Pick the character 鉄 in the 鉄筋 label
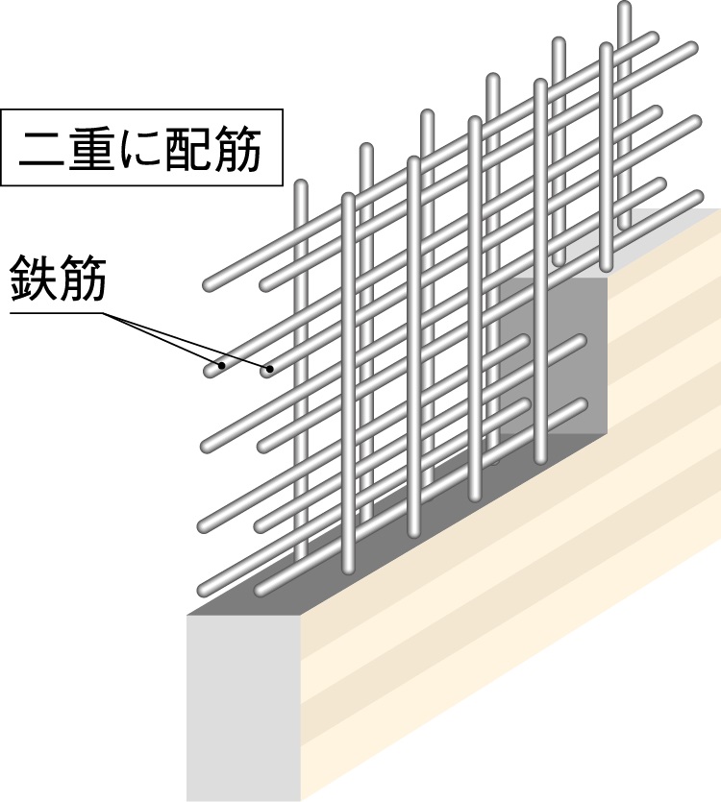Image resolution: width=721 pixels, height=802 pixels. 33,279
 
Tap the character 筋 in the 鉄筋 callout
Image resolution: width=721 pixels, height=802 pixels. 83,279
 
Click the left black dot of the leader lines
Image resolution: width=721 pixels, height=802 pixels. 222,365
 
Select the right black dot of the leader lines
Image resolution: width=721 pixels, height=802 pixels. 269,367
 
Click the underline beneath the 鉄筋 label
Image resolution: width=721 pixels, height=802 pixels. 58,313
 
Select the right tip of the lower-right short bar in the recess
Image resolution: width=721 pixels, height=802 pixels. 582,404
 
